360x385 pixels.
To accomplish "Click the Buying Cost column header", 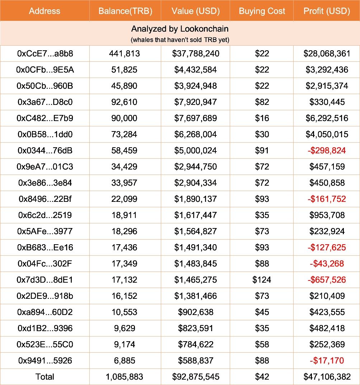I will click(x=262, y=11).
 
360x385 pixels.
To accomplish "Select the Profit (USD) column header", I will click(x=327, y=11).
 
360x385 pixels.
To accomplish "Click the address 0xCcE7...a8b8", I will click(x=45, y=54).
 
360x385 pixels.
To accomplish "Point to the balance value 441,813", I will click(x=124, y=54).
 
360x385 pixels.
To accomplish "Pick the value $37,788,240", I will click(x=196, y=54).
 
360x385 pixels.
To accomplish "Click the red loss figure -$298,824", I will click(x=327, y=150).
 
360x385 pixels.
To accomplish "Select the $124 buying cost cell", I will click(x=262, y=280).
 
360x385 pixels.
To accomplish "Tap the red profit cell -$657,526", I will click(x=327, y=280).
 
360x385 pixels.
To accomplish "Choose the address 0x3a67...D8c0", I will click(x=45, y=102).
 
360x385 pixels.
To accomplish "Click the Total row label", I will click(x=45, y=377).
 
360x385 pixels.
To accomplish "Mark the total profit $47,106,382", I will click(x=327, y=377).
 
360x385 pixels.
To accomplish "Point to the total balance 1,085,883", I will click(x=124, y=377).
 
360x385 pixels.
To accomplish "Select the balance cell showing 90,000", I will click(x=124, y=118).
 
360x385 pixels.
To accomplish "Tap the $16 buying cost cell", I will click(x=262, y=118).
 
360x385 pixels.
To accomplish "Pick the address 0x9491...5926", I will click(x=45, y=361).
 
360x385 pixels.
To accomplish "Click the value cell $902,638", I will click(x=196, y=312).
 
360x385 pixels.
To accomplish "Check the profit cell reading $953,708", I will click(x=327, y=215).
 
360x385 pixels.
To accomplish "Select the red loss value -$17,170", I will click(x=327, y=361).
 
